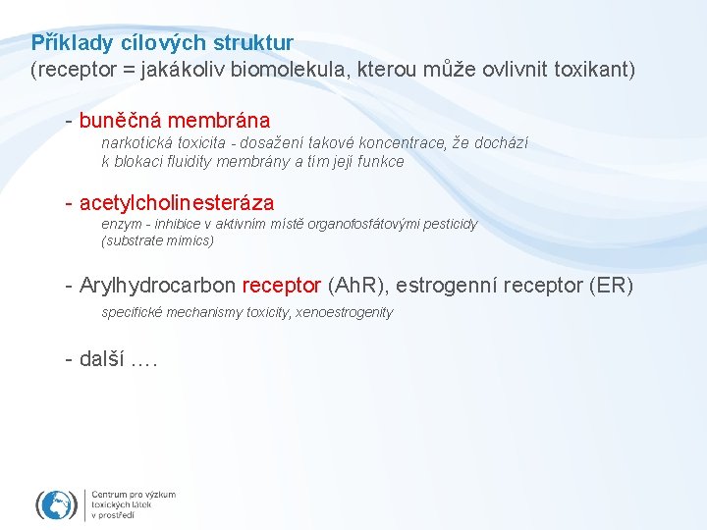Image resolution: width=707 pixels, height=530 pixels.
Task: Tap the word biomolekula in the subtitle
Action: [x=346, y=70]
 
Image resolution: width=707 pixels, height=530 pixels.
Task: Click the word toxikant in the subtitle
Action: [x=593, y=70]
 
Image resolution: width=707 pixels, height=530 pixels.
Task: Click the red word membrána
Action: [x=218, y=121]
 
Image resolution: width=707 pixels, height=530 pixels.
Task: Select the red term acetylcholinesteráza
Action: [x=177, y=203]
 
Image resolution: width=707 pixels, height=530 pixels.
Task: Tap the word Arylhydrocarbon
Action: [x=158, y=286]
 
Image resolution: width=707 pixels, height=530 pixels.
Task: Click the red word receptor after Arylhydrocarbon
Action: [x=282, y=286]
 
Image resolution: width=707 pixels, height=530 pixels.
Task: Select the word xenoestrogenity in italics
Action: [x=345, y=312]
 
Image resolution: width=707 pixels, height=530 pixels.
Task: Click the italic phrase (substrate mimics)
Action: [x=157, y=239]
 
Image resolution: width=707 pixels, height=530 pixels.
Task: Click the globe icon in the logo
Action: [x=57, y=504]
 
